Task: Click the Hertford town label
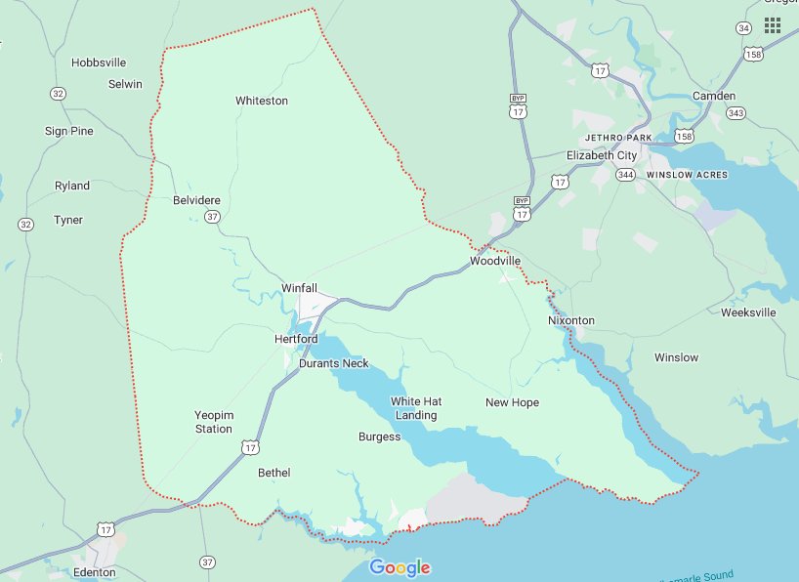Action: point(296,339)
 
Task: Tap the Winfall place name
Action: point(299,288)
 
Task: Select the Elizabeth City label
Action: point(602,155)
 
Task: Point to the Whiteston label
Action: point(262,101)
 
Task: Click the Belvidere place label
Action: point(196,200)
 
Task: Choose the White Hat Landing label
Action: point(416,408)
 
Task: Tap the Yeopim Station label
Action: point(213,422)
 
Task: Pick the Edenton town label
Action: point(95,572)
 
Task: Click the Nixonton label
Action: point(571,320)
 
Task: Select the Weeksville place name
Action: point(748,312)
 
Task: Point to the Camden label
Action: point(713,96)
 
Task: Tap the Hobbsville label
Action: point(99,62)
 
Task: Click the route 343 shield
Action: point(736,114)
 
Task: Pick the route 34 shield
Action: point(744,28)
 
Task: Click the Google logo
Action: point(399,568)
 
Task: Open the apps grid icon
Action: point(772,24)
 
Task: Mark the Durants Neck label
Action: point(334,363)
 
